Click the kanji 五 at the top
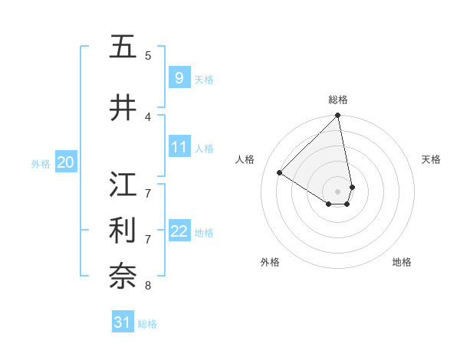click(123, 47)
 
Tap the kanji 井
click(123, 108)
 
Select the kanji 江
click(123, 184)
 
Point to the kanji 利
click(123, 230)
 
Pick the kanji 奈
click(123, 276)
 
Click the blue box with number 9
click(179, 78)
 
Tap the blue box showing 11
click(179, 147)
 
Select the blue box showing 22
click(179, 231)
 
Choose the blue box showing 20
click(66, 162)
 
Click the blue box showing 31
click(123, 322)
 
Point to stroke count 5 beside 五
click(148, 56)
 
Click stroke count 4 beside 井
click(148, 117)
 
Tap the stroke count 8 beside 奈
click(148, 286)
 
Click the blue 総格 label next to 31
click(147, 324)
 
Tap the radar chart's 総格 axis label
click(338, 100)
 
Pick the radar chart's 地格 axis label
click(402, 263)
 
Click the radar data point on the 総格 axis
click(338, 116)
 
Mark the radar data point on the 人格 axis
click(280, 173)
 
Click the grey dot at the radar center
click(338, 191)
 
